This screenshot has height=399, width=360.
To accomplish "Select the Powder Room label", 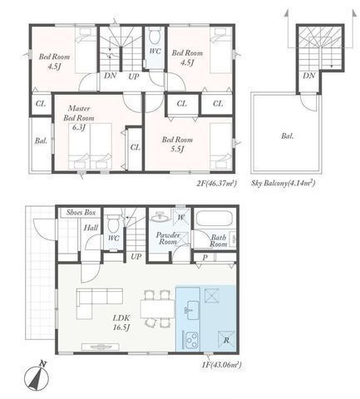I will pos(170,239).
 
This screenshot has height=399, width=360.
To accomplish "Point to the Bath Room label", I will pos(218,241).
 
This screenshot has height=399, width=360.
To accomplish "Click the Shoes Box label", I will pos(79,212).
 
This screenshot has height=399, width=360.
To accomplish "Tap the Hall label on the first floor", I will pos(90,228).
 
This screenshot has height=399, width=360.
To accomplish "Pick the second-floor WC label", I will pos(155,52).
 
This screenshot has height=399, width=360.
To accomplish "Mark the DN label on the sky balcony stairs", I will pos(308,76).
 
